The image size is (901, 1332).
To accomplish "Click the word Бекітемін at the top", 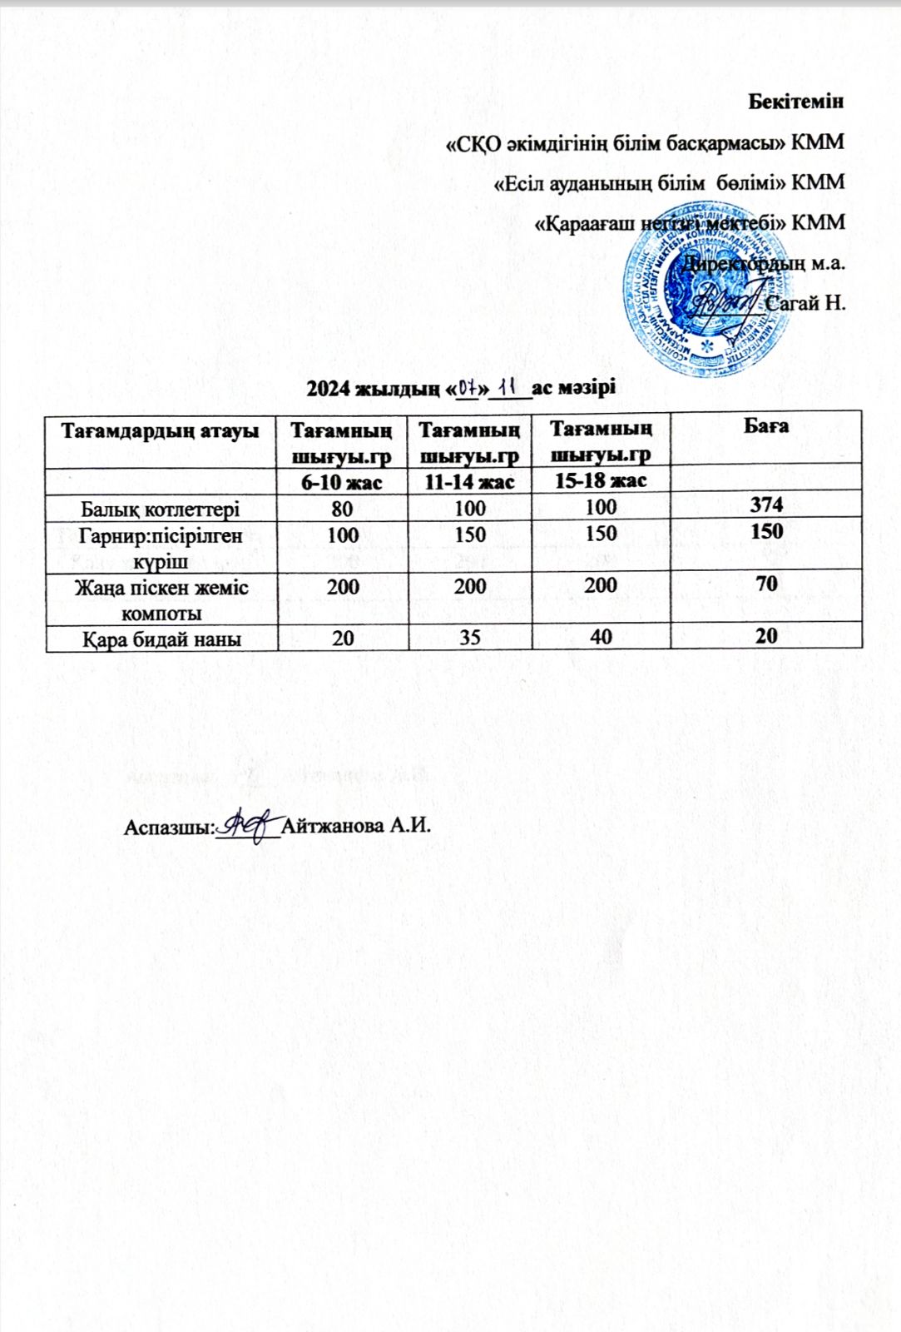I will click(796, 102).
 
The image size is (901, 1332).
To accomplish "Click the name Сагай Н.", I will click(804, 303).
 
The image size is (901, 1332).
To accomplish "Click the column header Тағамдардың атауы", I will click(161, 430).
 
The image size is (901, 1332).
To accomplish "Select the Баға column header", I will click(765, 426).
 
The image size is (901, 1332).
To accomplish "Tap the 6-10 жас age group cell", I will click(341, 481).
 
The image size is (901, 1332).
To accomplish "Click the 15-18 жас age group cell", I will click(600, 480).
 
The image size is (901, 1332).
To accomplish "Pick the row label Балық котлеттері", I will click(161, 508).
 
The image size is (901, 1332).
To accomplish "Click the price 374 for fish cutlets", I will click(765, 504).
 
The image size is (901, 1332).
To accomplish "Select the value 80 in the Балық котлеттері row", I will click(341, 508).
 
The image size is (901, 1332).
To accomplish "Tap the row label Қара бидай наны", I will click(161, 639).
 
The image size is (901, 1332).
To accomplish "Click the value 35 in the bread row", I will click(469, 638).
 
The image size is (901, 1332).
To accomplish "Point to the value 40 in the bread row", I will click(600, 638).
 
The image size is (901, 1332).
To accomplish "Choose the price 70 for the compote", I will click(765, 583).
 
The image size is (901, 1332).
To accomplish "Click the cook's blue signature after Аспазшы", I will click(247, 824).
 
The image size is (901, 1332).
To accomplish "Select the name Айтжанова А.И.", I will click(357, 827).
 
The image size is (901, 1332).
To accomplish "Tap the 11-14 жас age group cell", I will click(469, 481).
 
